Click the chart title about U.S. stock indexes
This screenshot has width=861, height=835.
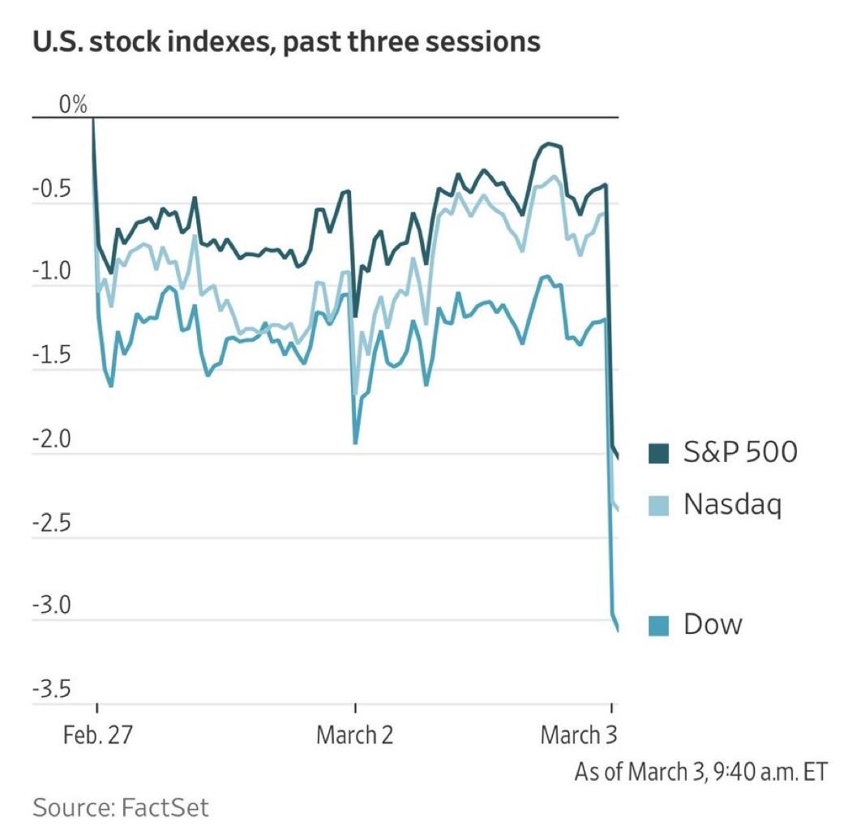[286, 42]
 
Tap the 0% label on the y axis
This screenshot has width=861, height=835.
[72, 105]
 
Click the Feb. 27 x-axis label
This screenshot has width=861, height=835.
[96, 736]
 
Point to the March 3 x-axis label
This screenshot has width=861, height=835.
[578, 736]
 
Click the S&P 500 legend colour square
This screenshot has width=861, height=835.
[659, 454]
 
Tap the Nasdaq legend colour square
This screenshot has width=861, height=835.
[659, 507]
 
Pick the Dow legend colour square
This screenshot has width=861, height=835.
[659, 626]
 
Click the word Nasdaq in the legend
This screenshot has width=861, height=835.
[732, 505]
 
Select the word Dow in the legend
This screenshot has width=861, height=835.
[713, 624]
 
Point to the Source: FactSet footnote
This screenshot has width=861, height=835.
[121, 807]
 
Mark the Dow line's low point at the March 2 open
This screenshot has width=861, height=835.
[355, 443]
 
